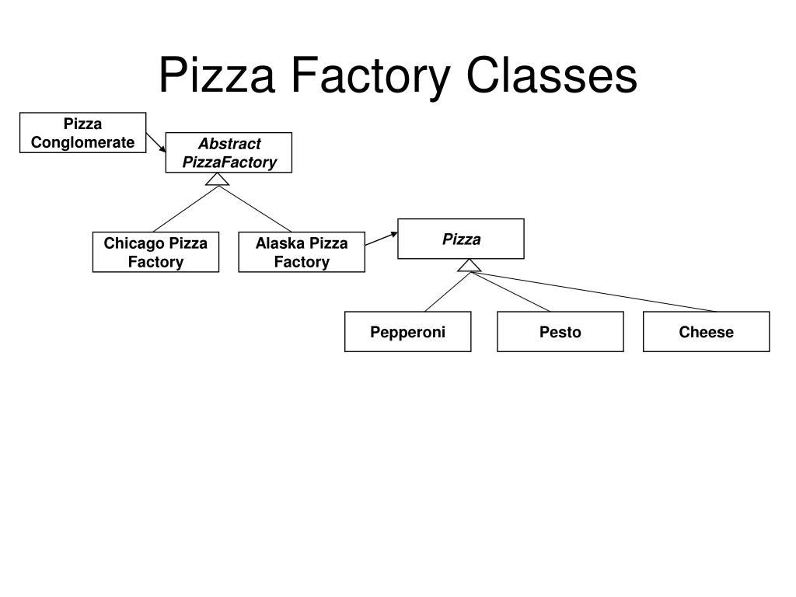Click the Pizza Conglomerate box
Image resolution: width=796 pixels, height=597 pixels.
coord(82,132)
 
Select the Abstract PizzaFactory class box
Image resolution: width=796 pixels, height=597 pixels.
coord(229,153)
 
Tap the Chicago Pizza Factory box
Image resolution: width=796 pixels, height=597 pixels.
coord(155,253)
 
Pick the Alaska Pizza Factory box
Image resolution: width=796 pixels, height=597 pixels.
coord(302,253)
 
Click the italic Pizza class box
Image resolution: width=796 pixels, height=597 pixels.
coord(461,239)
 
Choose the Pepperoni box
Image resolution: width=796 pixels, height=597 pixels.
coord(407,331)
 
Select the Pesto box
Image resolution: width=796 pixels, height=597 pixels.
coord(560,331)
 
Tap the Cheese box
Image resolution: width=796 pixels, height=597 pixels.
coord(706,331)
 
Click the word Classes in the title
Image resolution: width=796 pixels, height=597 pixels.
coord(551,75)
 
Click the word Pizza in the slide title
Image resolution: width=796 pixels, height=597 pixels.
coord(217,75)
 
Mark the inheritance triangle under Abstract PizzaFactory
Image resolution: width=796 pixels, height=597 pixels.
coord(218,180)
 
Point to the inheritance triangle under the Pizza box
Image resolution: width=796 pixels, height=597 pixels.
coord(469,266)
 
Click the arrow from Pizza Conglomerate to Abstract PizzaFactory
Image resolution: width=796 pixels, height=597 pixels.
coord(155,143)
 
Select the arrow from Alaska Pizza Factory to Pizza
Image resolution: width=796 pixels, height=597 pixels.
coord(381,239)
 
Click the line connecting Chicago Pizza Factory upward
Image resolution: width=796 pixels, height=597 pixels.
coord(186,208)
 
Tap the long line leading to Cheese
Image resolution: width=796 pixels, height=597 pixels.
coord(593,292)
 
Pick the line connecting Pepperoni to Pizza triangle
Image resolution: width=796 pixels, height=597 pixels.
coord(447,292)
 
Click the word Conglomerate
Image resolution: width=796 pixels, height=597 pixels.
coord(82,143)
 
